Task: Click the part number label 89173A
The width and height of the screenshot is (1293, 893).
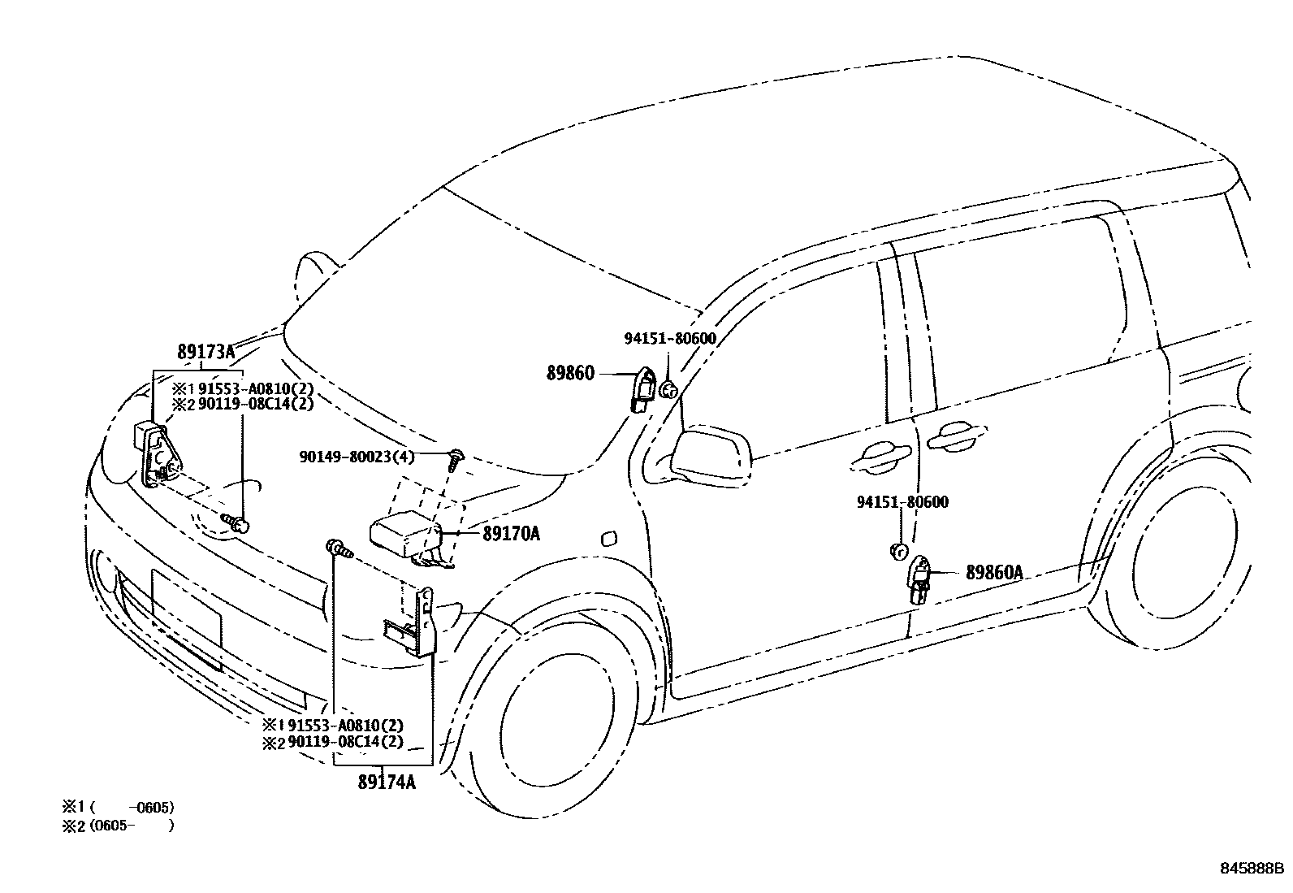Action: [x=205, y=353]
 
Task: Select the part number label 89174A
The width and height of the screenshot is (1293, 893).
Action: [x=387, y=782]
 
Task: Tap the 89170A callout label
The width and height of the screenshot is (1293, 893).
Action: [x=511, y=534]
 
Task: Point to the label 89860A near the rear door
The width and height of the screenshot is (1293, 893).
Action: [x=994, y=573]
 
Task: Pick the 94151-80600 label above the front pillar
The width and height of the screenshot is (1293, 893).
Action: [x=670, y=339]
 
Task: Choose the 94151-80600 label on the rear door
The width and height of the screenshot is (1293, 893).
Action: [x=902, y=502]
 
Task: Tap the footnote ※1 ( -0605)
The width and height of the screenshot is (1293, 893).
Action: [x=119, y=807]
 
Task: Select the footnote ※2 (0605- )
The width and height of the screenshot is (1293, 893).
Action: [x=119, y=826]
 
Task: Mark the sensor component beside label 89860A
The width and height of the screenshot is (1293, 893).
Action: [x=920, y=579]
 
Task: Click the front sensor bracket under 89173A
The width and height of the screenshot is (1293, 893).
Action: [x=156, y=455]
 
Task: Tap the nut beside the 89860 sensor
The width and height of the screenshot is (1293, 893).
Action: [x=668, y=390]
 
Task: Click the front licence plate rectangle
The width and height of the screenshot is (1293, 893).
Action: [x=186, y=618]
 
